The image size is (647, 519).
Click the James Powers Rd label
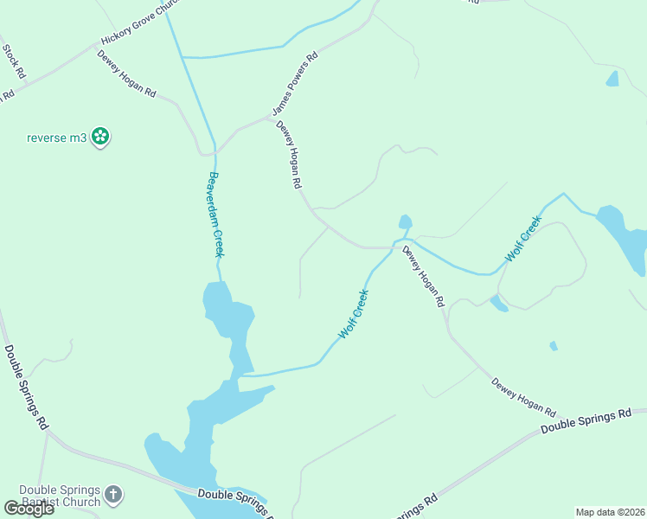tap(295, 83)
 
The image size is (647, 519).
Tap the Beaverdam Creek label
tap(215, 215)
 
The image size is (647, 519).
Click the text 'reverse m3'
tap(57, 137)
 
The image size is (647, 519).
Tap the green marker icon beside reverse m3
tap(101, 136)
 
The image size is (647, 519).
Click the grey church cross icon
tap(113, 496)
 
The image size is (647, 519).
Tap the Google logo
tap(29, 509)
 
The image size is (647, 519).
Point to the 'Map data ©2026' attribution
tap(610, 512)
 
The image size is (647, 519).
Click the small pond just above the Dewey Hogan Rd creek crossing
tap(405, 222)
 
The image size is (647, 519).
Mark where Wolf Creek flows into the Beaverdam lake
tap(240, 375)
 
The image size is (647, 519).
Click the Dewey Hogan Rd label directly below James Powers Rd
tap(289, 155)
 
